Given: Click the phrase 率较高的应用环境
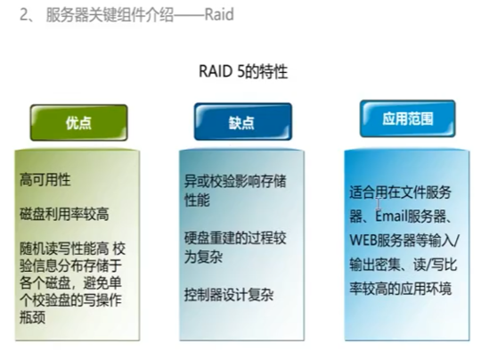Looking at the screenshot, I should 399,288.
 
